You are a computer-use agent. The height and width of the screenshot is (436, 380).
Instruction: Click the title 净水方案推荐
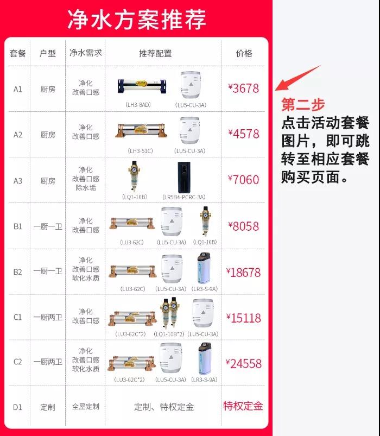coord(136,20)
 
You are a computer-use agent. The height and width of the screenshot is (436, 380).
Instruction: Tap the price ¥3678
coord(243,88)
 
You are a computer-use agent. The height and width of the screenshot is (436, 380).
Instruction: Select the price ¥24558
coord(243,363)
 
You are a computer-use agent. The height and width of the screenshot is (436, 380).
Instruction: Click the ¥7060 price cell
coord(243,180)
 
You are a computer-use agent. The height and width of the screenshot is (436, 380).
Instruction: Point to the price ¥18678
coord(243,272)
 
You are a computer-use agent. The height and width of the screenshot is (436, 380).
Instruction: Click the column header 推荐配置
coord(155,53)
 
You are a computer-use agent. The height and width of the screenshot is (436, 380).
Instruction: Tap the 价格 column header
coord(244,53)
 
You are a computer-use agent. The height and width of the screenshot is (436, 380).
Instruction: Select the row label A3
coord(18,181)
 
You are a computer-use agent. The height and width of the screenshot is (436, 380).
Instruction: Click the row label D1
coord(18,407)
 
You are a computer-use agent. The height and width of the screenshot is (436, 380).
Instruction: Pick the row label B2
coord(18,272)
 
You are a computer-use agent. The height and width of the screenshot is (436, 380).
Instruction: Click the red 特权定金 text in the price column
coord(243,406)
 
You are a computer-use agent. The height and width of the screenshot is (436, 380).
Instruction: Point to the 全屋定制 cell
coord(85,407)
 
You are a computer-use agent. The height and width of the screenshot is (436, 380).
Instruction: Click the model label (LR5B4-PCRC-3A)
coord(183,197)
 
